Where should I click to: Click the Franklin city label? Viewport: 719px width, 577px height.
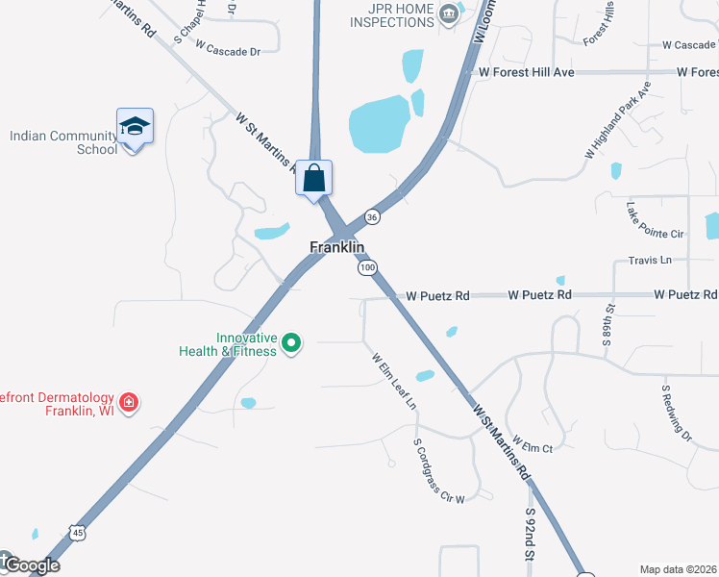[336, 247]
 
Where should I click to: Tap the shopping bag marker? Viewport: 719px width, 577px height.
[314, 178]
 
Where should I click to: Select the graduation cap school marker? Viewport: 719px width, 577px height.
[135, 127]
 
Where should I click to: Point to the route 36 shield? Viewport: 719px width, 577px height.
[372, 217]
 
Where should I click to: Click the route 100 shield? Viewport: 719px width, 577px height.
[368, 267]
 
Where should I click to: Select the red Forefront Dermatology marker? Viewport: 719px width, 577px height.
[128, 401]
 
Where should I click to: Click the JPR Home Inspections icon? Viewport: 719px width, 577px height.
[448, 13]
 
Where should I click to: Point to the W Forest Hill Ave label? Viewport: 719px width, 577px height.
[526, 72]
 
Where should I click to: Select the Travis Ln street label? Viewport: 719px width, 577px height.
[650, 260]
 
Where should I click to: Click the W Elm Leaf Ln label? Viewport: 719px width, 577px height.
[395, 381]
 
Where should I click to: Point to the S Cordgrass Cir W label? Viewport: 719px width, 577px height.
[438, 472]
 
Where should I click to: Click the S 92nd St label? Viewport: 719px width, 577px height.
[529, 535]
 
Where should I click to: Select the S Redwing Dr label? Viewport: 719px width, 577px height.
[676, 414]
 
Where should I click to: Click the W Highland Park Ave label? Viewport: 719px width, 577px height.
[617, 119]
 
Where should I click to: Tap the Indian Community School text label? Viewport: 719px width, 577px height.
[63, 142]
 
